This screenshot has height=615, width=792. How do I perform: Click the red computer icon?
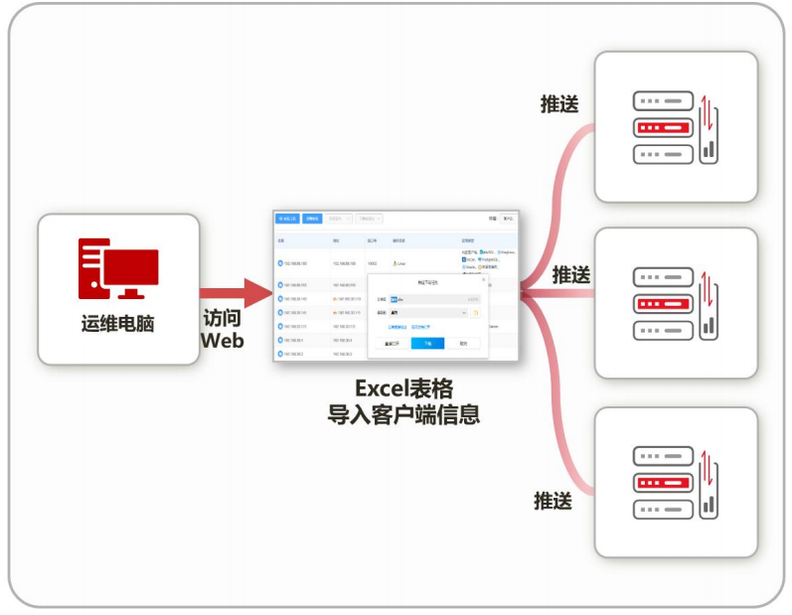pos(118,268)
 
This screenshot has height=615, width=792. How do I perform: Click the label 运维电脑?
pos(117,324)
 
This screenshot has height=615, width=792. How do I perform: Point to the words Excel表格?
pos(403,389)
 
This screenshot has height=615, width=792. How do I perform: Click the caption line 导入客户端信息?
pos(403,414)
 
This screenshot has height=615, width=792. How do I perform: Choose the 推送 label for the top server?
pos(559,103)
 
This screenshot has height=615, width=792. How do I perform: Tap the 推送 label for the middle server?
pos(572,273)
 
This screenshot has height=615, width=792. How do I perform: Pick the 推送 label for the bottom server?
pos(554,501)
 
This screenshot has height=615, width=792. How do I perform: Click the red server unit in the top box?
pos(663,127)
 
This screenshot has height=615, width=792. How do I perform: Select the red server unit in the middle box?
pos(663,303)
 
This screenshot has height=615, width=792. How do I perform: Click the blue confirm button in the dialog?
pos(427,343)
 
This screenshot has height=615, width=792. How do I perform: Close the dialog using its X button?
pos(484,280)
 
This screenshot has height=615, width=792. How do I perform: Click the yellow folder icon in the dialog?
pos(476,313)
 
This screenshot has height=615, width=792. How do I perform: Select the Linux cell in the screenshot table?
pos(401,263)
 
